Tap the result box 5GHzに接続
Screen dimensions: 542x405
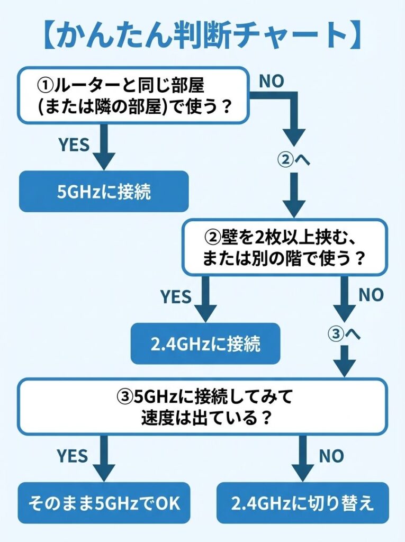[x=104, y=191]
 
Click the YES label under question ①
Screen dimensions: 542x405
[x=74, y=144]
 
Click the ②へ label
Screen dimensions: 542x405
[x=293, y=159]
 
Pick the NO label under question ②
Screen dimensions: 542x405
[x=371, y=295]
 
